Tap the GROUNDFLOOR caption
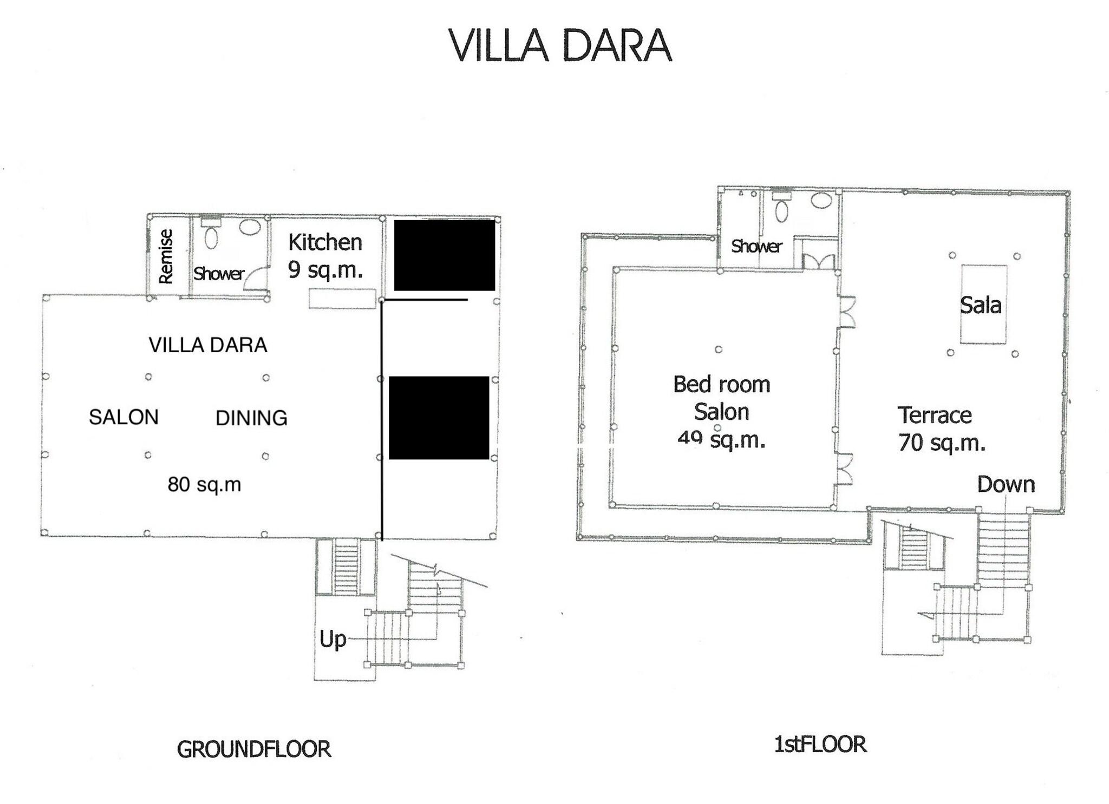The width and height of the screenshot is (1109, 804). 254,749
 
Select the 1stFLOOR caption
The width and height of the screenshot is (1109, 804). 820,744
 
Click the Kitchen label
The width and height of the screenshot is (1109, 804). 325,242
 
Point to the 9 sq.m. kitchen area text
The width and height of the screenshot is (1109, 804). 325,269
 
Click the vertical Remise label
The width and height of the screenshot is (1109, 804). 165,256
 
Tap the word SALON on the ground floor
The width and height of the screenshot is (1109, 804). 123,417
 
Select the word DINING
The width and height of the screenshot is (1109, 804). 251,418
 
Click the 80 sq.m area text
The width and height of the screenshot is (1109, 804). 204,484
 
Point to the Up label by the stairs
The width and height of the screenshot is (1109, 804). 332,640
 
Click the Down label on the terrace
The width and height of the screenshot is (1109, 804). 1006,484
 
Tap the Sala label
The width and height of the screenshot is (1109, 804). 980,306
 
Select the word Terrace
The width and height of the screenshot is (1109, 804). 935,416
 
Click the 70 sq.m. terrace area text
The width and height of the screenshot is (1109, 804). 942,443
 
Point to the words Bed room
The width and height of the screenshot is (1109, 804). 721,385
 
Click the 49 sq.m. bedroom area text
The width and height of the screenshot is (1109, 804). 721,439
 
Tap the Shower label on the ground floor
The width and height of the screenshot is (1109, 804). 219,274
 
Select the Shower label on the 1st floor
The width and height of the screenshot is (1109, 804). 756,247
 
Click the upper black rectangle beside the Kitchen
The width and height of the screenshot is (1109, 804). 444,255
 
